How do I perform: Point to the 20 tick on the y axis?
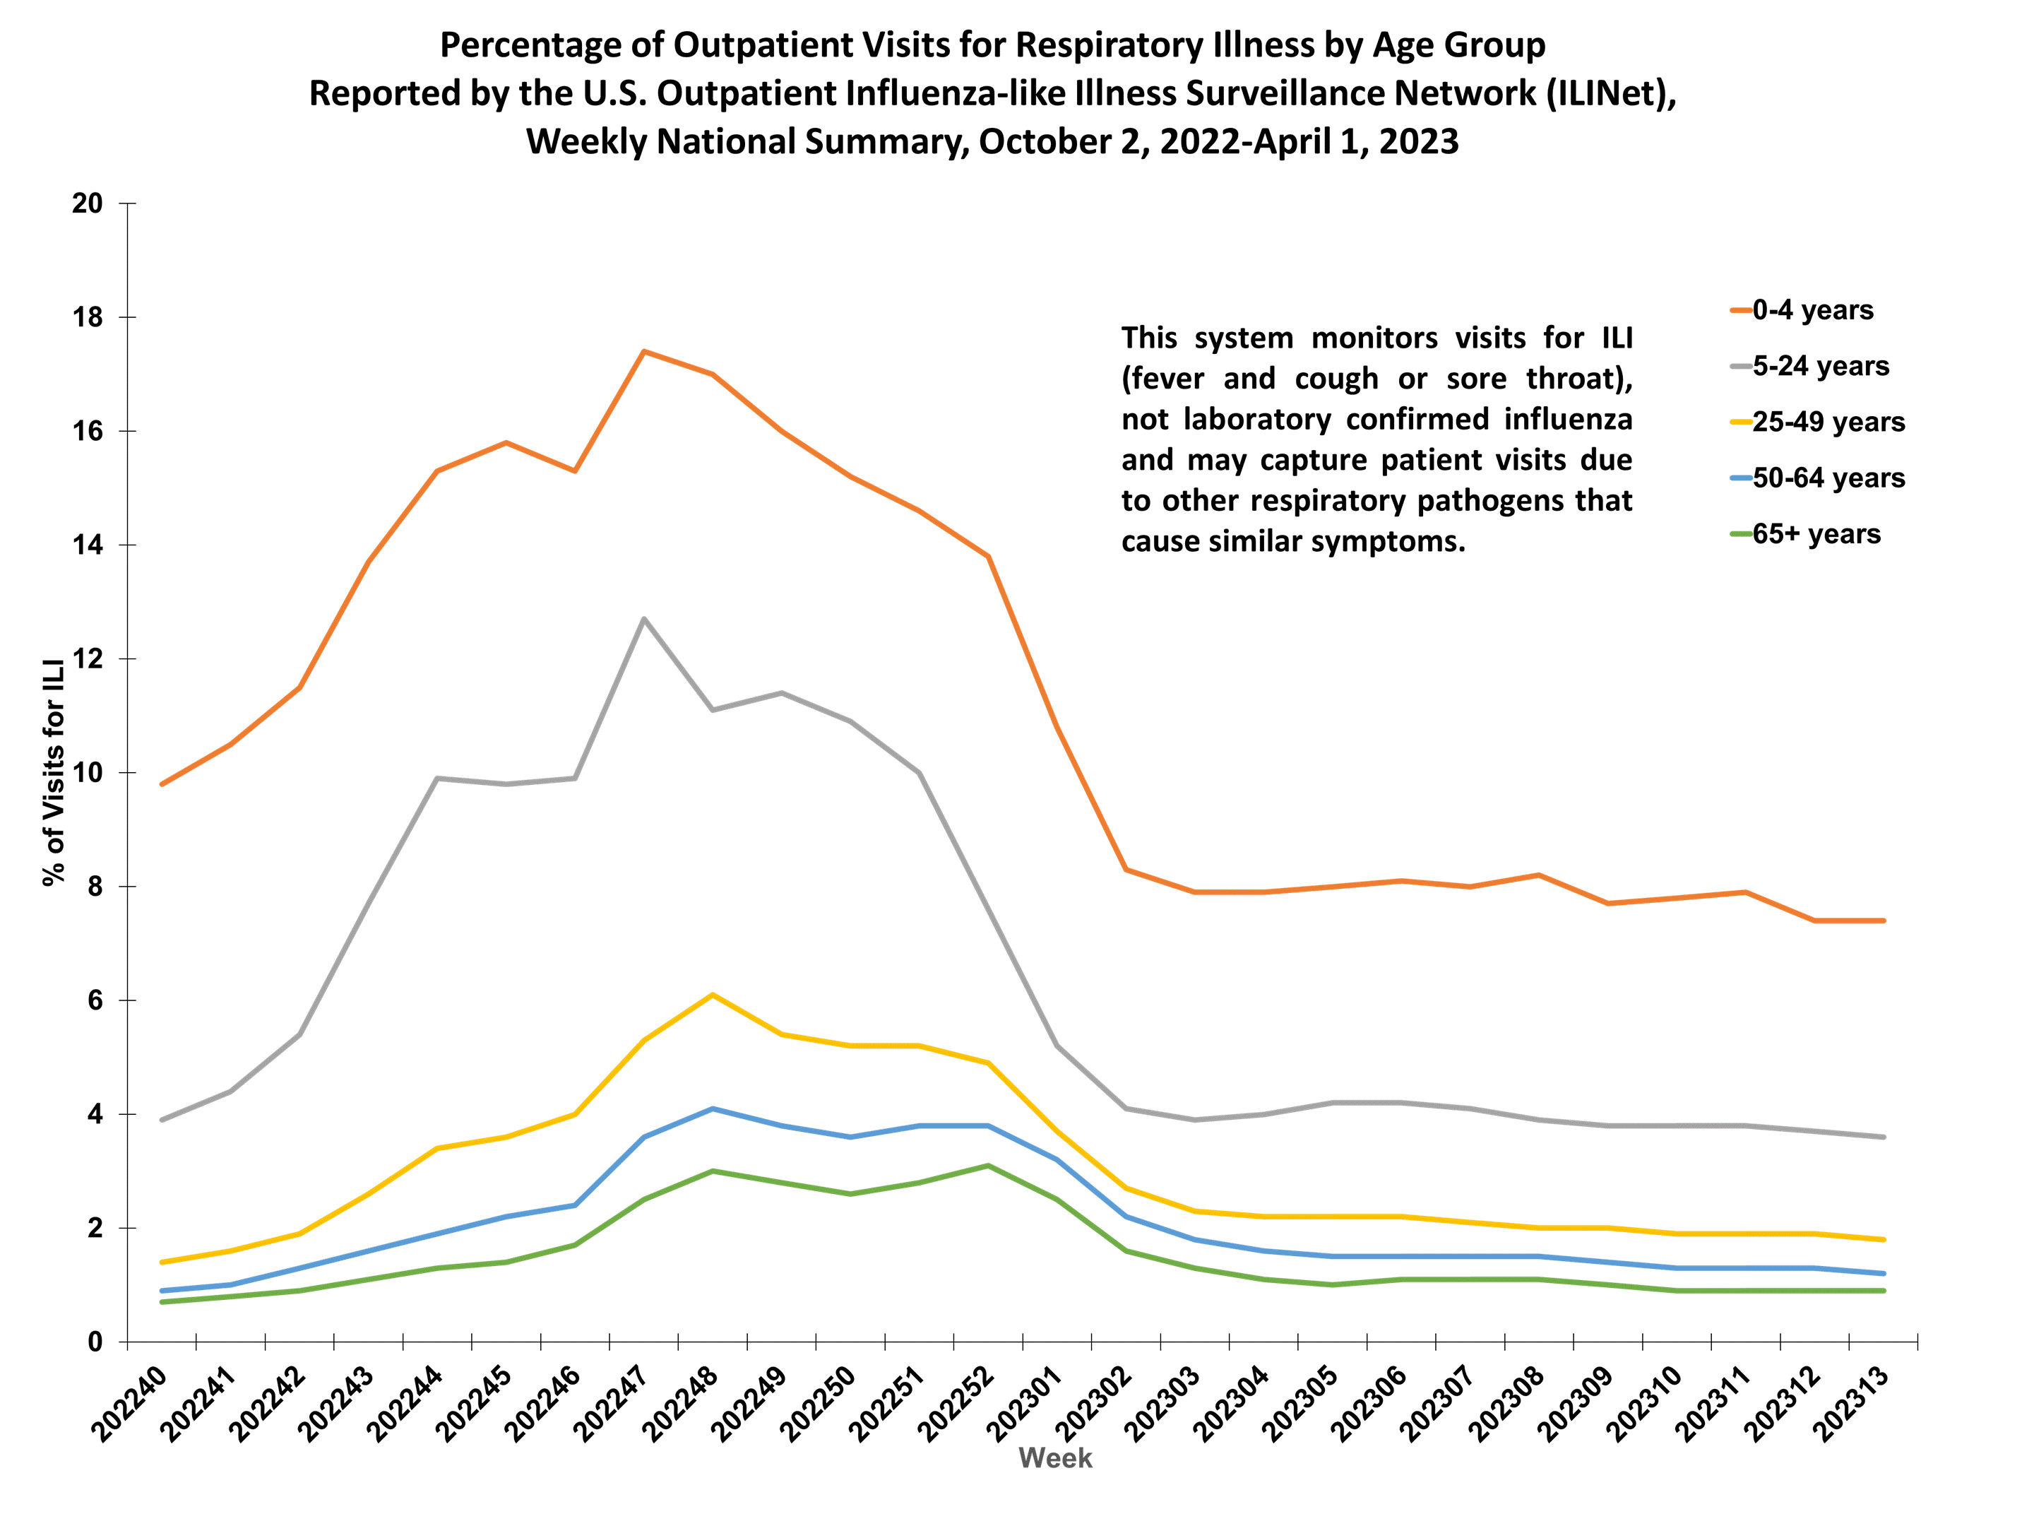(88, 203)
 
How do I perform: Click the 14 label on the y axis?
(88, 545)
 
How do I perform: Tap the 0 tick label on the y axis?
(95, 1343)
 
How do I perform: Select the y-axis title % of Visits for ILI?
(54, 771)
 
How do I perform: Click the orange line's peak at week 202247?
(643, 351)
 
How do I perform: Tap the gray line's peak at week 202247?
(643, 619)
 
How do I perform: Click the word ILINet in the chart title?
(1602, 94)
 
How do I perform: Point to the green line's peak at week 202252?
(987, 1166)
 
